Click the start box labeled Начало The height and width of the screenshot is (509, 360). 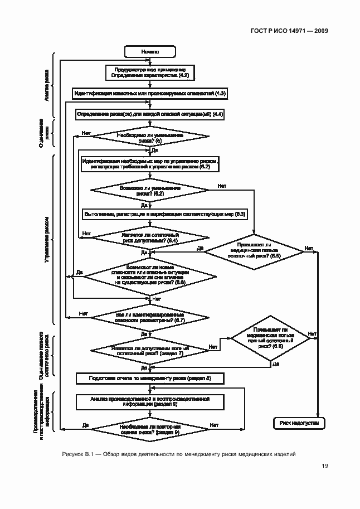pyautogui.click(x=150, y=51)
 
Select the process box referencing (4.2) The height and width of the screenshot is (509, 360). pyautogui.click(x=150, y=71)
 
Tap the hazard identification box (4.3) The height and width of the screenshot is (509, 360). pyautogui.click(x=150, y=93)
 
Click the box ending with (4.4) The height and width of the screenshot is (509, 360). pyautogui.click(x=150, y=114)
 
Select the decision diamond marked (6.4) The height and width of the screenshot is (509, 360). pyautogui.click(x=150, y=237)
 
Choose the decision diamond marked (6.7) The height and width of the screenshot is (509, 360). pyautogui.click(x=150, y=318)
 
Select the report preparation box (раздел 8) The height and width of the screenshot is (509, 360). pyautogui.click(x=150, y=379)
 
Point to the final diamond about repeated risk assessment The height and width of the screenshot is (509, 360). pyautogui.click(x=150, y=429)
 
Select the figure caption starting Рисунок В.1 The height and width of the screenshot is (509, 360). pyautogui.click(x=178, y=454)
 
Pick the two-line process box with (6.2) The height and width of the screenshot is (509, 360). pyautogui.click(x=149, y=164)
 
